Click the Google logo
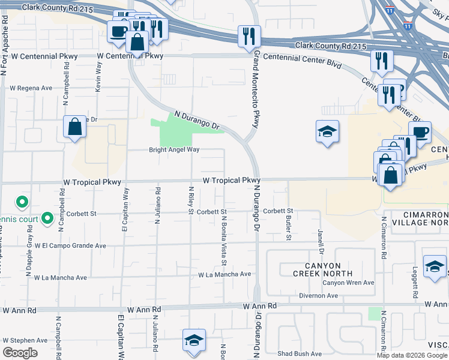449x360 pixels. coord(20,353)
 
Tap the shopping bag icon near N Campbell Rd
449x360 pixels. coord(74,127)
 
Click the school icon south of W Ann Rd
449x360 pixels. coord(194,340)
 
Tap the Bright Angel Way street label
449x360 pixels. coord(174,150)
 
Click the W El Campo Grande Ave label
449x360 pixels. coord(70,245)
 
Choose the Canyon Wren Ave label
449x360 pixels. coord(348,283)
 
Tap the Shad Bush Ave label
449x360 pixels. coord(300,353)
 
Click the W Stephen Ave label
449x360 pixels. coord(25,340)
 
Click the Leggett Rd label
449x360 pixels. coord(414,283)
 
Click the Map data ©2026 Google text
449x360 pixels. coord(412,355)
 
